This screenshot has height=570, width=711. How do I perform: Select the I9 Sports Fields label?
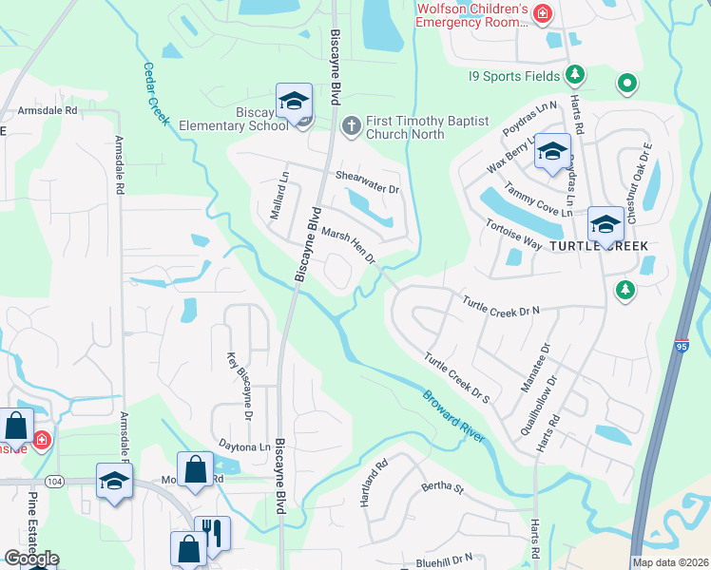click(514, 75)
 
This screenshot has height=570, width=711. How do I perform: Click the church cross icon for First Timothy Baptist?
click(351, 124)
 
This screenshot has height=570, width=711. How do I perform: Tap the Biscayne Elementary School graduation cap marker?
click(295, 101)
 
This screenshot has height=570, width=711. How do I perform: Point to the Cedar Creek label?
click(155, 94)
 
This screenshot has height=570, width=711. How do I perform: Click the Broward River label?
click(454, 415)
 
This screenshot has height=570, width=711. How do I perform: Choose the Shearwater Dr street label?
click(368, 181)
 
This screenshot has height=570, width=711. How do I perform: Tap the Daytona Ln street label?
click(245, 446)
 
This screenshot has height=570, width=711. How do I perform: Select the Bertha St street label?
click(443, 490)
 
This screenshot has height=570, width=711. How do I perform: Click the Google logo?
click(31, 559)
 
